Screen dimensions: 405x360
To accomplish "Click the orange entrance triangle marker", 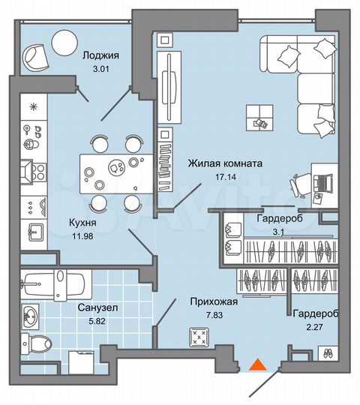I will pyautogui.click(x=256, y=365).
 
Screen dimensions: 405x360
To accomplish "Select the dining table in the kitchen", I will pyautogui.click(x=112, y=171).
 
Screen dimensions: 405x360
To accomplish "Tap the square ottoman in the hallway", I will pyautogui.click(x=199, y=337).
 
